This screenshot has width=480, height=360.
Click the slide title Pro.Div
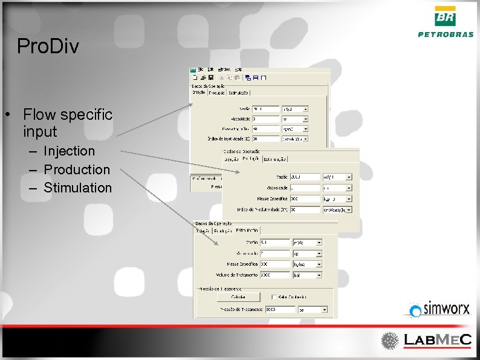(48, 47)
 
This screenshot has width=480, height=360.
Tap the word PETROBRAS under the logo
(446, 34)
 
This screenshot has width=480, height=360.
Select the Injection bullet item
(69, 151)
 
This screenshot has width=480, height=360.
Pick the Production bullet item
(77, 169)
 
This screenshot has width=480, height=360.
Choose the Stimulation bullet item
(77, 188)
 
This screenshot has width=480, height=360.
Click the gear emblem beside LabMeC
(390, 339)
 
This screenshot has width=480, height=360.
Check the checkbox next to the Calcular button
(274, 297)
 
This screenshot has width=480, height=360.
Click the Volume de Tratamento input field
(275, 275)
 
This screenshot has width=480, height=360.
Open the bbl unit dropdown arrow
(319, 275)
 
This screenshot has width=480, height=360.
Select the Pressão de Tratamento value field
(280, 309)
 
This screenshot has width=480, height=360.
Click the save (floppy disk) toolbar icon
(210, 77)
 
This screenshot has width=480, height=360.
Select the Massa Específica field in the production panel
(304, 198)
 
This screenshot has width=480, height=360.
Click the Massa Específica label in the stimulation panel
(242, 264)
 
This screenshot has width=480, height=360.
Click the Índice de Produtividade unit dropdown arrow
(348, 209)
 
